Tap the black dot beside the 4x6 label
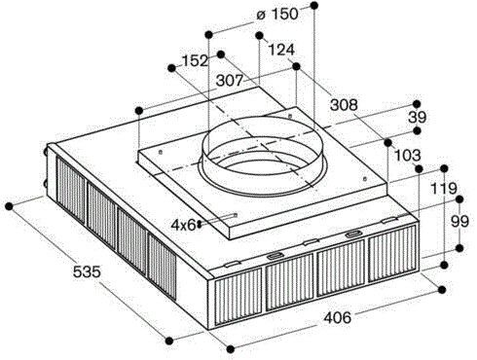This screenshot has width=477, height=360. click(x=201, y=223)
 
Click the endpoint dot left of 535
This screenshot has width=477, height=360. click(x=10, y=205)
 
